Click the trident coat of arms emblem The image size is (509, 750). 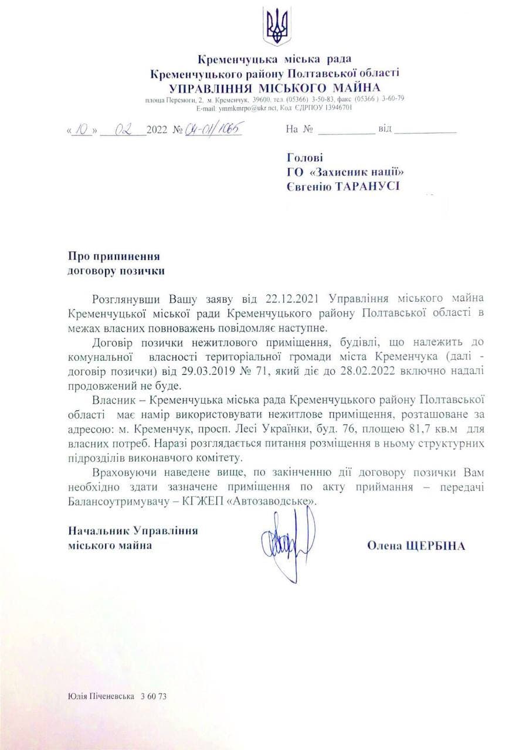[x=276, y=26]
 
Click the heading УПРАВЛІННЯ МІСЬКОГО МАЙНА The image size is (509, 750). [x=275, y=87]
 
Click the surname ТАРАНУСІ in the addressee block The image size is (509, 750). [x=367, y=186]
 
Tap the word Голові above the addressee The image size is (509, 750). [x=304, y=158]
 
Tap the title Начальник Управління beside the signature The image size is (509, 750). [x=133, y=530]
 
